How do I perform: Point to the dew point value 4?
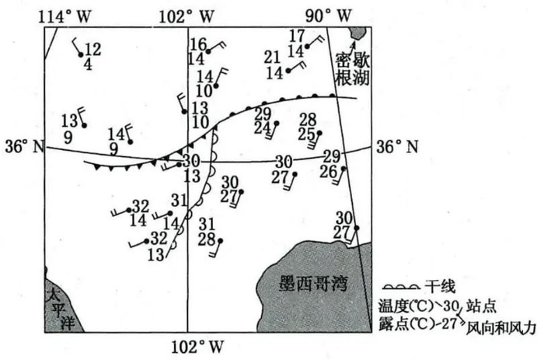tap(88, 65)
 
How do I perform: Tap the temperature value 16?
tap(198, 44)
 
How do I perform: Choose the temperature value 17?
tap(296, 36)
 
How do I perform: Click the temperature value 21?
tap(271, 57)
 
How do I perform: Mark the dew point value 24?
tap(262, 128)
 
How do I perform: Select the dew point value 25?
tap(307, 134)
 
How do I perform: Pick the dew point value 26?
tap(329, 171)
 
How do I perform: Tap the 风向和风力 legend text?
tap(501, 329)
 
